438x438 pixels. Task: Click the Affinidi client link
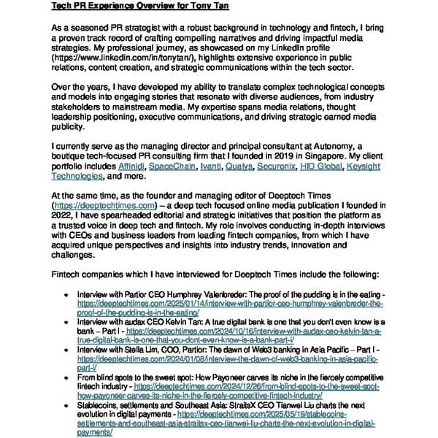click(x=131, y=166)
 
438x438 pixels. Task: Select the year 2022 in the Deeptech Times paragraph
click(x=64, y=216)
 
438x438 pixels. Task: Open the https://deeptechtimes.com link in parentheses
click(x=104, y=206)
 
